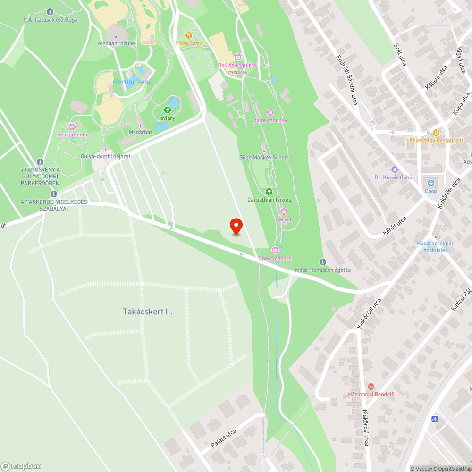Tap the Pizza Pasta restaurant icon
tap(189, 35)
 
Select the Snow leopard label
tap(275, 258)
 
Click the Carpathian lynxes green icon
tap(269, 191)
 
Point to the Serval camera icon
tap(284, 211)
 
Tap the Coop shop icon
tap(430, 183)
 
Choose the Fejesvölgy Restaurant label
tap(436, 141)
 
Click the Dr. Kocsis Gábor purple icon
tap(394, 169)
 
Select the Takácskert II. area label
tap(147, 312)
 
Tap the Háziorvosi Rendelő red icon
tap(371, 387)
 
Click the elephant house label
tap(116, 43)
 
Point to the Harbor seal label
tap(131, 82)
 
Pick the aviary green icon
tap(168, 110)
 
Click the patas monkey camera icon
tap(270, 112)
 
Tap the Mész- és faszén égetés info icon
tap(323, 262)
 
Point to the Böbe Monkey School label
tap(264, 157)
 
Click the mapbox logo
tap(21, 465)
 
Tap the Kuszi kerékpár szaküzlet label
tap(435, 246)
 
